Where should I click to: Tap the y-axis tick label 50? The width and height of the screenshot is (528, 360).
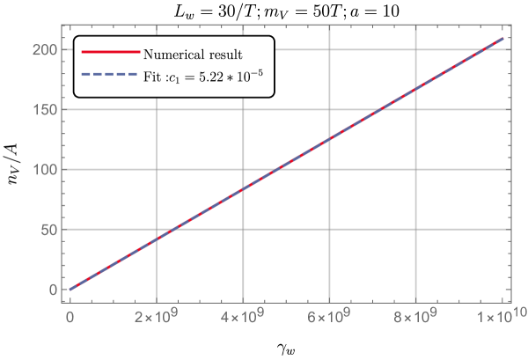pos(49,230)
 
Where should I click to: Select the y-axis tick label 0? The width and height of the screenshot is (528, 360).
pos(53,290)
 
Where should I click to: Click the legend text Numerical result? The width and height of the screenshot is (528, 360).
pos(193,54)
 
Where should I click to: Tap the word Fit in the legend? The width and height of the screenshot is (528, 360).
pos(151,77)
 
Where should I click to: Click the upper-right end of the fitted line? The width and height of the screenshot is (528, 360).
pos(502,39)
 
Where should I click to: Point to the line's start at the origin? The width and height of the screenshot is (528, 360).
pos(70,289)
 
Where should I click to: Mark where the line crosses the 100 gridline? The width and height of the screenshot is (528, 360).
pos(277,170)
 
